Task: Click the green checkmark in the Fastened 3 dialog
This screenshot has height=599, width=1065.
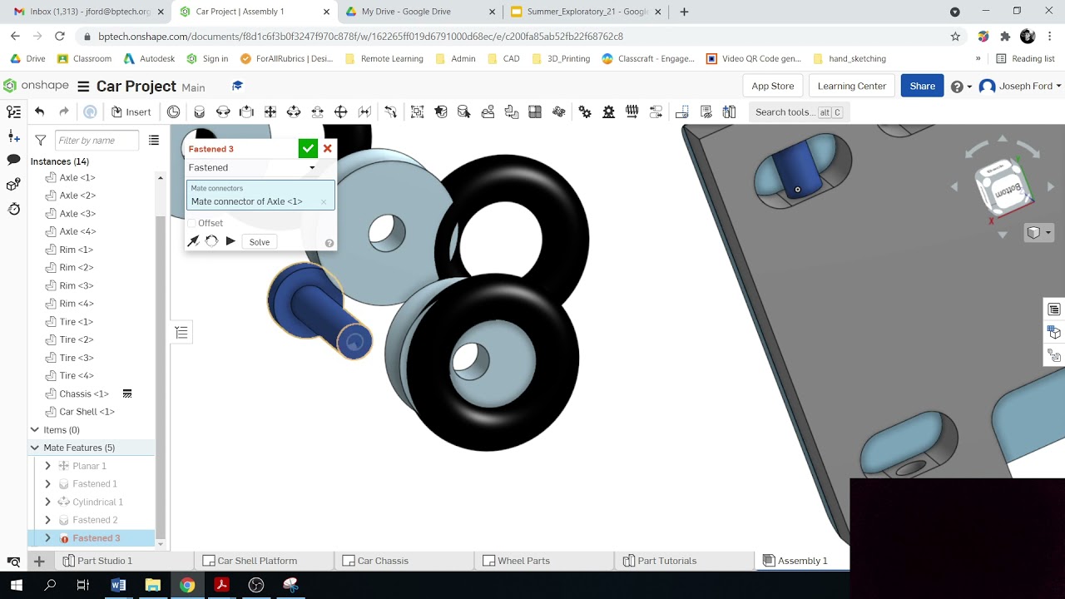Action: (308, 148)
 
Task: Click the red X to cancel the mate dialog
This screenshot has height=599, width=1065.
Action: (328, 148)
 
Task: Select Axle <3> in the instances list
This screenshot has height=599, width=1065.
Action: (77, 214)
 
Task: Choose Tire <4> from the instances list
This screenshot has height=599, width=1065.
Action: (77, 375)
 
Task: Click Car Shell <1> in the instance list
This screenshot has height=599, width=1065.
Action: (87, 412)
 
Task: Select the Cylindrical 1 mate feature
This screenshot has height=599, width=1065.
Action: (97, 502)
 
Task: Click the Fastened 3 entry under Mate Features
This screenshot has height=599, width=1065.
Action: (96, 538)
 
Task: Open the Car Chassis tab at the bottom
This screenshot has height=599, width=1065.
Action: (382, 561)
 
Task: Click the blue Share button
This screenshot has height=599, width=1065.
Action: (922, 86)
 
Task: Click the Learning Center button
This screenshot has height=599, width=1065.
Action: (851, 86)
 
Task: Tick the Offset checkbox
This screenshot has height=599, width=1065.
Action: (192, 223)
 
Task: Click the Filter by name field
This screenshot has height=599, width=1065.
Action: (97, 141)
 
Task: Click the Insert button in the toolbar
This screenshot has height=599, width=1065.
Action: (131, 111)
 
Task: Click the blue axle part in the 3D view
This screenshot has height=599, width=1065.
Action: (316, 308)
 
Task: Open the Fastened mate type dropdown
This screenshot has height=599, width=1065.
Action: (252, 167)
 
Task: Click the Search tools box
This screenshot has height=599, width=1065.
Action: (797, 111)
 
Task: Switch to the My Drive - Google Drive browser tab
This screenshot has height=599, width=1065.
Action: (405, 12)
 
